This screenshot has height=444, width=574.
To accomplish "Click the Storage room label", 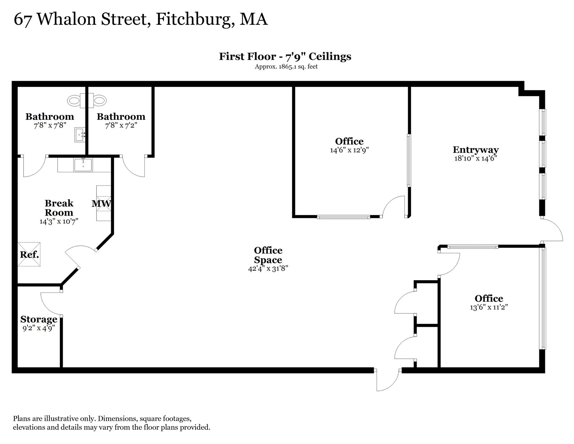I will click(39, 319).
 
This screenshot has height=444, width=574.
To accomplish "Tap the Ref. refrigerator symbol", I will click(29, 254).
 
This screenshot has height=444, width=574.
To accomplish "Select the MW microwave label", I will click(101, 203).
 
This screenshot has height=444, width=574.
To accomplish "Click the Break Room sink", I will click(83, 165).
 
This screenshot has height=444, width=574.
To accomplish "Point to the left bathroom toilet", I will click(74, 101).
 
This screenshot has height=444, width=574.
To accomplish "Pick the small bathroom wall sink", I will click(80, 135).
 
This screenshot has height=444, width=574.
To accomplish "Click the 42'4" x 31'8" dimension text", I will click(268, 269).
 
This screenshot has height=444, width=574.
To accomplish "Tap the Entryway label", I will click(476, 149).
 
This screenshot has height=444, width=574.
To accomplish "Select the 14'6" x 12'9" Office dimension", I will click(349, 150).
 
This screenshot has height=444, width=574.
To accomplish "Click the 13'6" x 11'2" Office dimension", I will click(489, 307).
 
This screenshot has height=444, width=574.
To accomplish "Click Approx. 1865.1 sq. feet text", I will click(286, 66).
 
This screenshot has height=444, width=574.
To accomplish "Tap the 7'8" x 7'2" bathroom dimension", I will click(121, 125).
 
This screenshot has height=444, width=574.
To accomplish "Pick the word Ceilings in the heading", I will click(330, 56).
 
